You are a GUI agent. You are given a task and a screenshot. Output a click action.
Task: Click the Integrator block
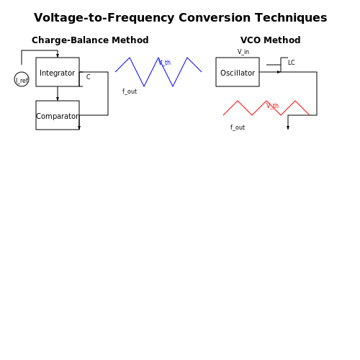(x=58, y=72)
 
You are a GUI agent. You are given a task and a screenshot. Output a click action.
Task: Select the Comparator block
(x=58, y=115)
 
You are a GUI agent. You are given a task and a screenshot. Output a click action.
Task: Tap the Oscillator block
(x=238, y=72)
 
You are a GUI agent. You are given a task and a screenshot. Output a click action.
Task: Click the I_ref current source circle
(x=22, y=79)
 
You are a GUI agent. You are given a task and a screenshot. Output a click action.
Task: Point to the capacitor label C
(x=89, y=77)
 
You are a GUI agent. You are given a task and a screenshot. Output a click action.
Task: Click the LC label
(x=292, y=63)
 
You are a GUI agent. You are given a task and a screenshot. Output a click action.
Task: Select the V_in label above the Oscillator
(x=243, y=52)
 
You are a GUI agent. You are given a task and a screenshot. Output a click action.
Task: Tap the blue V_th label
(x=165, y=63)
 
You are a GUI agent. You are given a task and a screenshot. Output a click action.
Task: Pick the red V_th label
(x=272, y=106)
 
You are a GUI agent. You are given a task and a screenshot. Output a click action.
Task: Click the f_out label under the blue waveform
(x=130, y=91)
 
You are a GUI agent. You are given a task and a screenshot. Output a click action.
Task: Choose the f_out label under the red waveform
(x=238, y=127)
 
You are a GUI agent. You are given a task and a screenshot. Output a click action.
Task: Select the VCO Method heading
(x=271, y=40)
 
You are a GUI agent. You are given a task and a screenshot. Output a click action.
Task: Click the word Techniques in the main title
(x=291, y=18)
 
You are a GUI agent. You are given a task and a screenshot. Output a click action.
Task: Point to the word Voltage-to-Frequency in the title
(x=104, y=18)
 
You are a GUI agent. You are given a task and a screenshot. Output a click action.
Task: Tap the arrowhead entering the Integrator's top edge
(x=58, y=55)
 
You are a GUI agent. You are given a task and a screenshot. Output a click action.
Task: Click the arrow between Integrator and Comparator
(x=58, y=94)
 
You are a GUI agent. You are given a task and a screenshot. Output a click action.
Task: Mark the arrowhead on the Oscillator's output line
(x=279, y=72)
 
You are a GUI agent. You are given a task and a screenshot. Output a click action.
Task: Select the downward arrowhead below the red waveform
(x=288, y=127)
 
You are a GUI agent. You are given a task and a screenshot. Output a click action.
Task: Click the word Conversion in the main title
(x=215, y=18)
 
